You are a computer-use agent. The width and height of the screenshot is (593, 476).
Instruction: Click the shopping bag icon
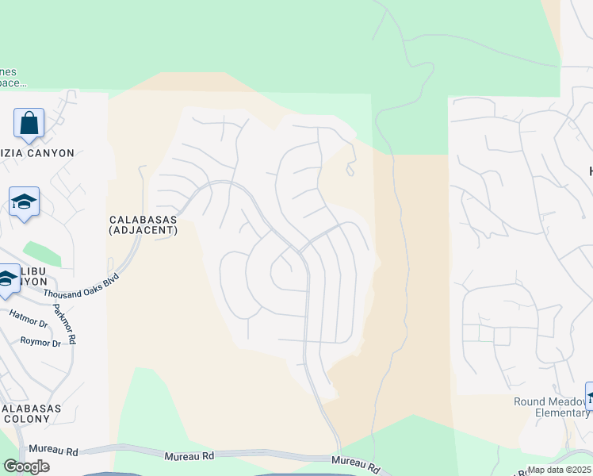click(x=29, y=125)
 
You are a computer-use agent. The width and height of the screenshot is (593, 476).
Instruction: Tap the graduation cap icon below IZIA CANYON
click(x=24, y=202)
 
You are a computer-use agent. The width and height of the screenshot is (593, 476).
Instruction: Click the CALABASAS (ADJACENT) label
click(x=143, y=225)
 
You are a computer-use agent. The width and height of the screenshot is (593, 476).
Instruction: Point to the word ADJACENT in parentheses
click(x=143, y=231)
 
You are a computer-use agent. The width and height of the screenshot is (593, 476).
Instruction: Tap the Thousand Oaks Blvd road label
click(x=81, y=286)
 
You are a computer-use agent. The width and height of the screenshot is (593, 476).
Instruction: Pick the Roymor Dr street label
click(x=40, y=343)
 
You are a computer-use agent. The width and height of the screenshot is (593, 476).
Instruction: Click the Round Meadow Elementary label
click(x=551, y=407)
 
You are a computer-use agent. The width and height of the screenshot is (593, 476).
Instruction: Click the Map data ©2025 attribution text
click(x=560, y=470)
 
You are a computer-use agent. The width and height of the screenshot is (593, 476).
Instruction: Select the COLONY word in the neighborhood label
click(x=29, y=420)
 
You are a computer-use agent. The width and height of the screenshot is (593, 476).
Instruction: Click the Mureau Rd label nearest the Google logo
click(x=60, y=451)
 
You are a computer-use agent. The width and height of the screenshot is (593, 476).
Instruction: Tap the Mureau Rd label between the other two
click(x=190, y=457)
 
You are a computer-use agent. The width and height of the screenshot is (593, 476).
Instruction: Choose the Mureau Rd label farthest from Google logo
click(x=353, y=462)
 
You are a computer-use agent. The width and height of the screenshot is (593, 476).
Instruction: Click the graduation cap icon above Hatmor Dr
click(x=6, y=278)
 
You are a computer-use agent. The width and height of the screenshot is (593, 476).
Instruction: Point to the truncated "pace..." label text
click(x=13, y=82)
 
